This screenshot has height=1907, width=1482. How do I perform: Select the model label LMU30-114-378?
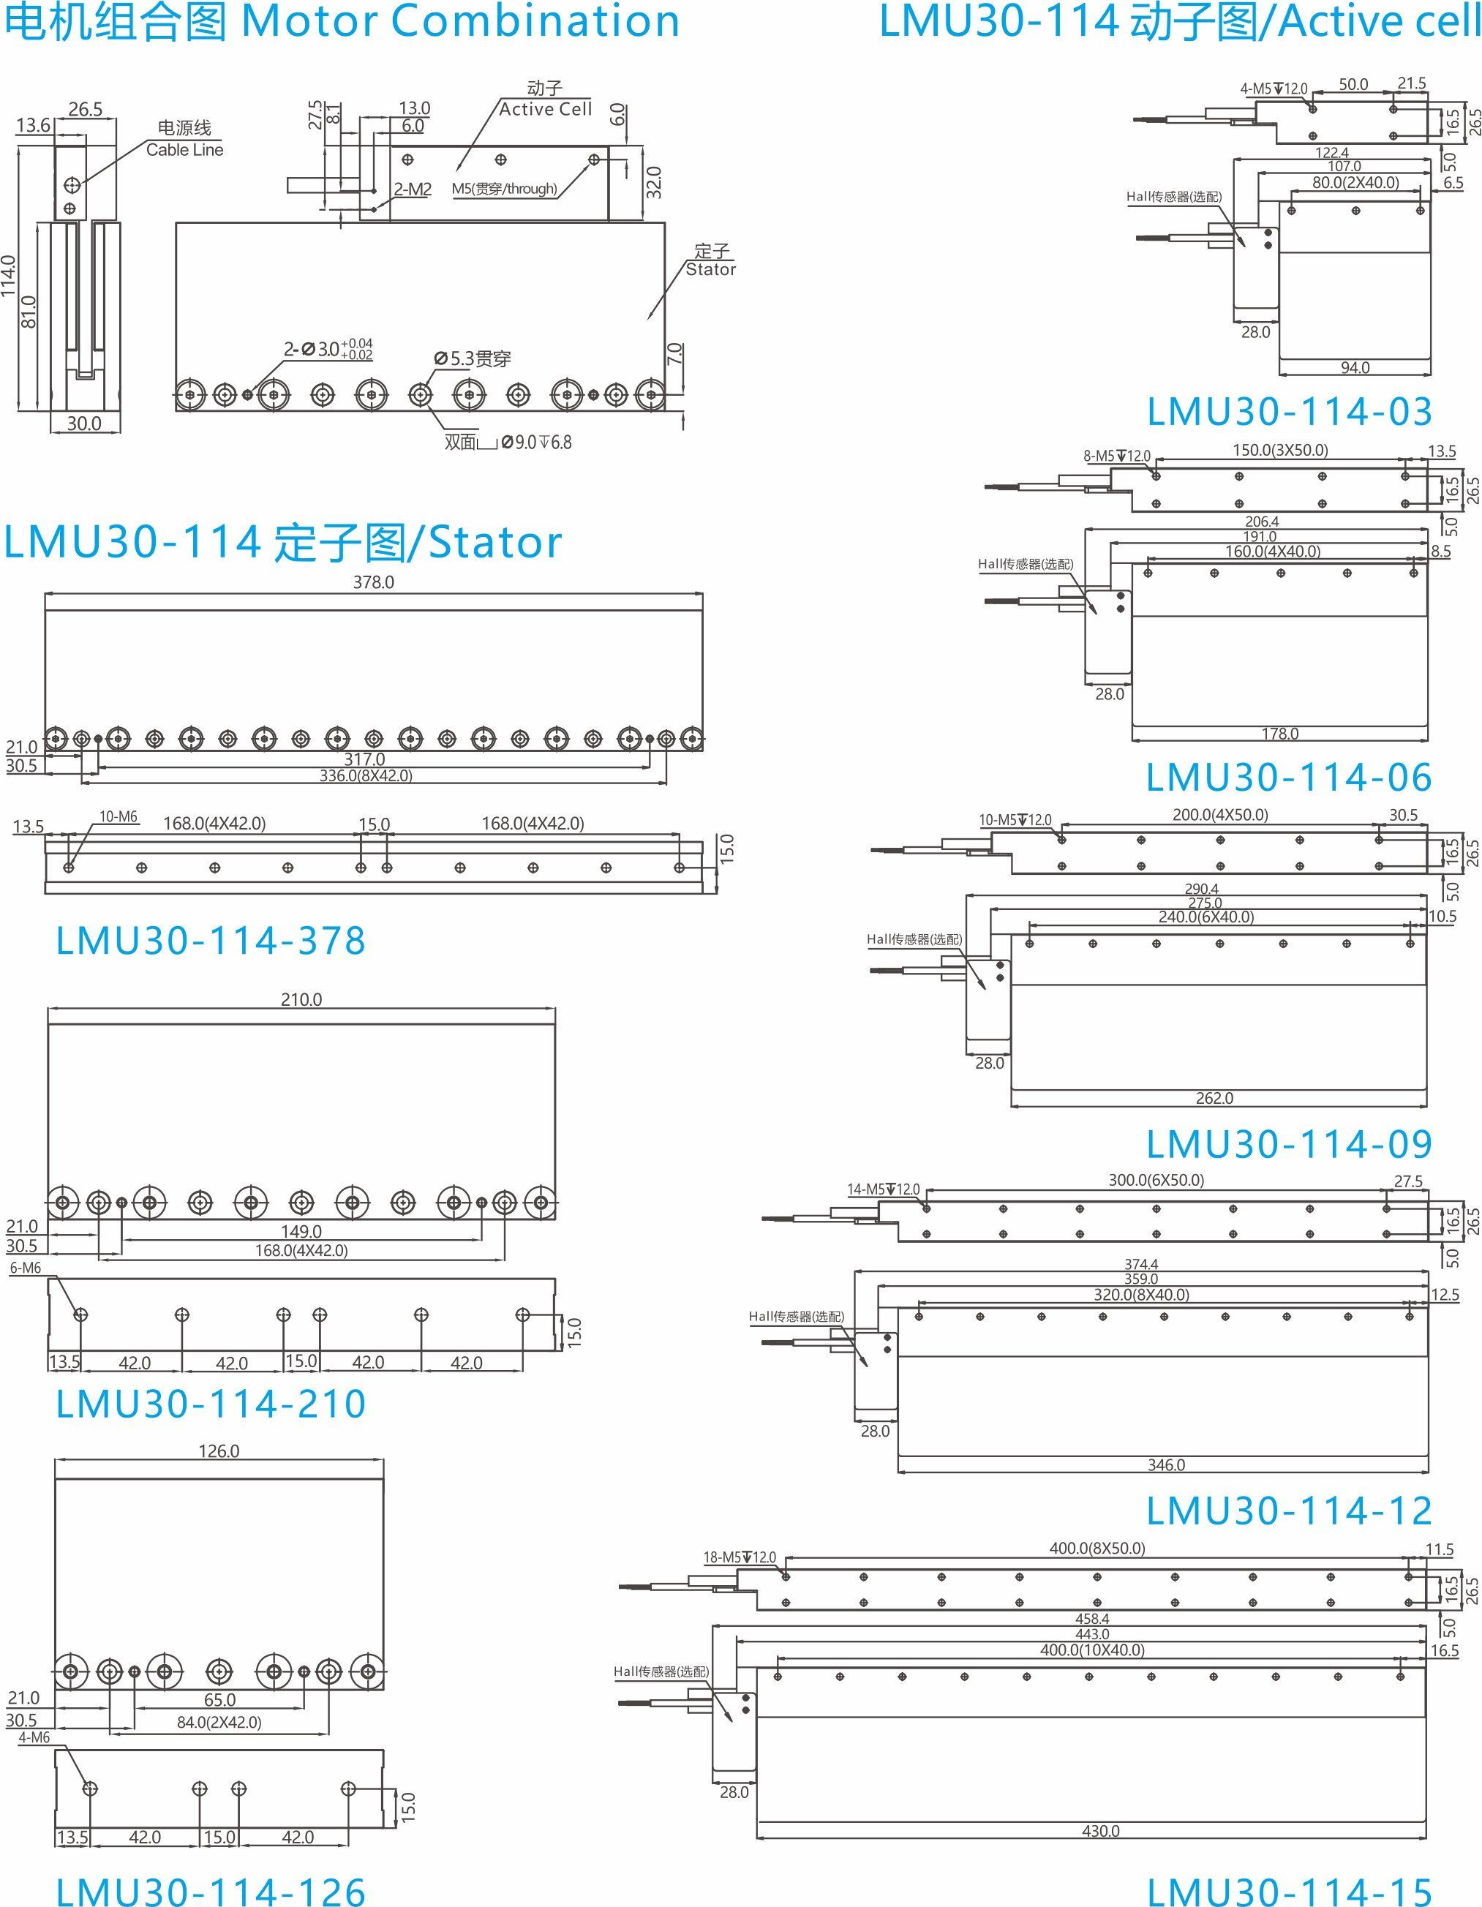211,941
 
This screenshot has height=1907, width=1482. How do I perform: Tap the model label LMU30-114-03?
1289,412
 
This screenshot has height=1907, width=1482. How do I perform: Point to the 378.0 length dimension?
373,582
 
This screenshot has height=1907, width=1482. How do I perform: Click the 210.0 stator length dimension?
301,1000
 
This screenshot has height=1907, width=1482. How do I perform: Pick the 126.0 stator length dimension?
218,1451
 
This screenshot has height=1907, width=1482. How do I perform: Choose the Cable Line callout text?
184,150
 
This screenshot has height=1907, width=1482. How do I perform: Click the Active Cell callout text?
545,109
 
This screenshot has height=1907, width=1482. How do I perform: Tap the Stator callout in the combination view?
710,270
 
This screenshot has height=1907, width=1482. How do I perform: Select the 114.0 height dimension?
9,276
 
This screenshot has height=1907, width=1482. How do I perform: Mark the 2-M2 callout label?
413,189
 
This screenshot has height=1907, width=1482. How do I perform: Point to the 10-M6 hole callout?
118,817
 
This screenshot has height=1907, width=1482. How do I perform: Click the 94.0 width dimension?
1355,368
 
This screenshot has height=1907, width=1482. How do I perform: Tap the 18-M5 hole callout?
739,1558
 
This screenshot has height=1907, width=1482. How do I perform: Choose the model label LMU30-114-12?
1289,1511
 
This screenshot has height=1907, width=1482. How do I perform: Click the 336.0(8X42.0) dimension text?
365,775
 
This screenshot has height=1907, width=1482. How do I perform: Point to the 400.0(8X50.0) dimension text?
1097,1548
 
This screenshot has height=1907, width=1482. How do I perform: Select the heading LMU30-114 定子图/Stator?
283,542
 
